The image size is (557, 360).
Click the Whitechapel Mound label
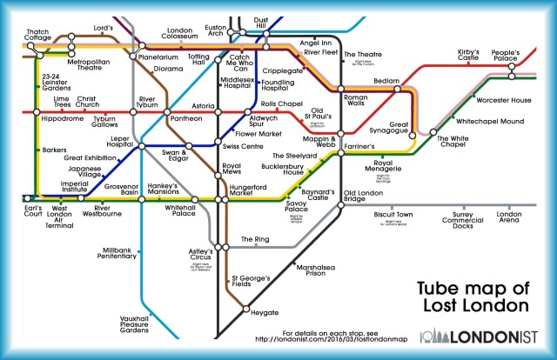pyautogui.click(x=488, y=120)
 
